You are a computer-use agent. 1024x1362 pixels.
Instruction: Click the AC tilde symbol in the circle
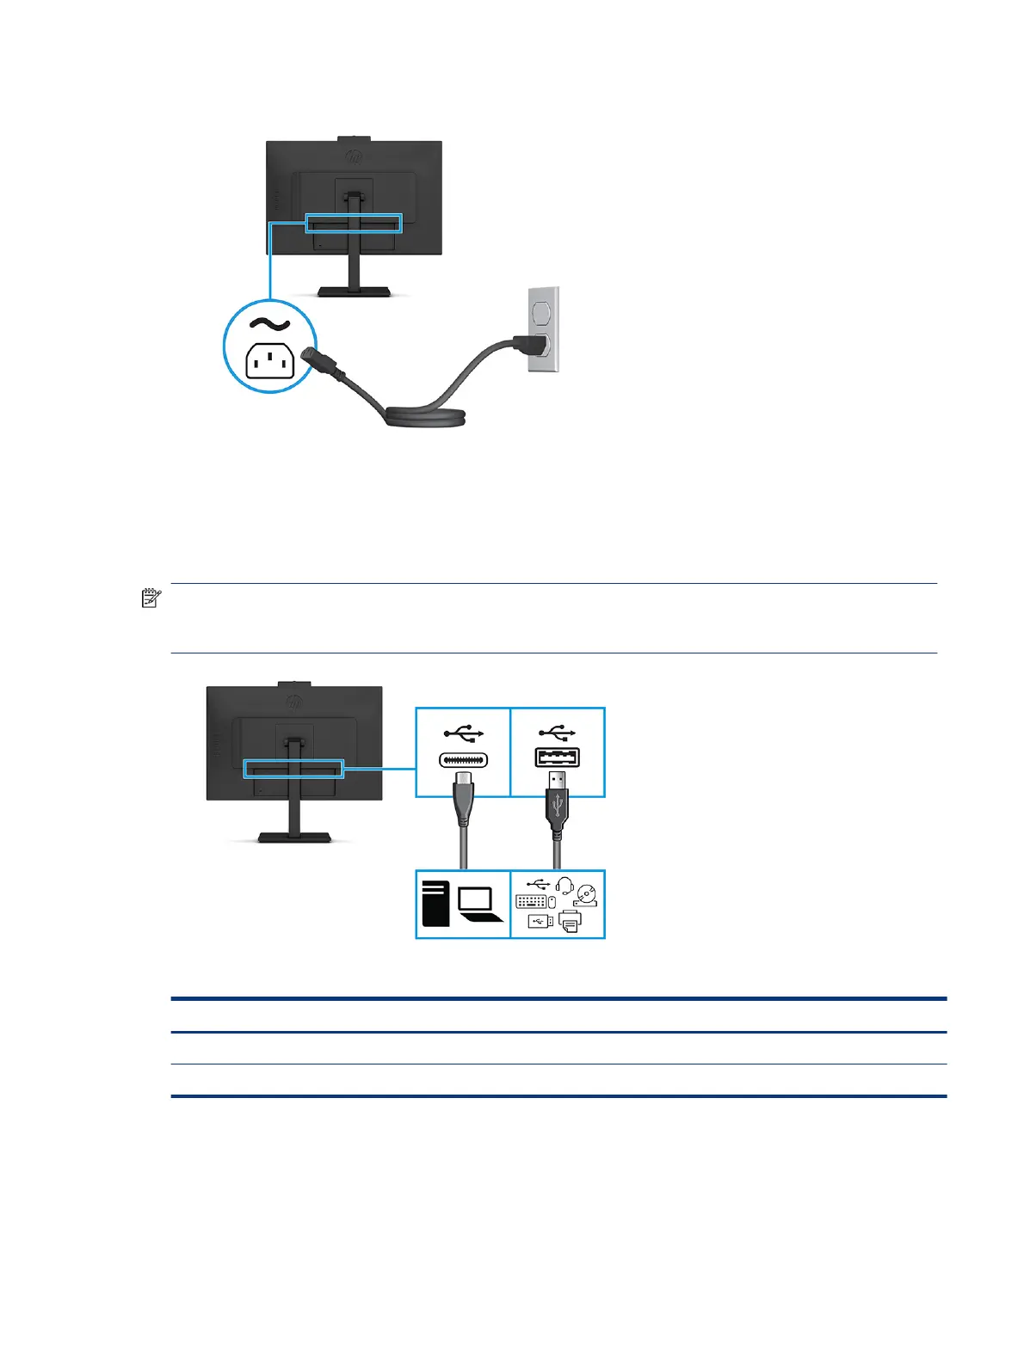click(269, 324)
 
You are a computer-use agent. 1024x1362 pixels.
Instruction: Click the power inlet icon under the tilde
click(269, 360)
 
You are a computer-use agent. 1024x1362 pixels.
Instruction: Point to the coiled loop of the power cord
click(426, 417)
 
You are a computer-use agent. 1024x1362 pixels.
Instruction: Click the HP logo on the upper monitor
click(354, 156)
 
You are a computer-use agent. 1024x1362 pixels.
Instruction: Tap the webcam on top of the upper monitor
click(354, 138)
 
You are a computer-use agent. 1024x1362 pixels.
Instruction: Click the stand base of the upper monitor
click(355, 291)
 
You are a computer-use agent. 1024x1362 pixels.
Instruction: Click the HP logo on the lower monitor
click(294, 702)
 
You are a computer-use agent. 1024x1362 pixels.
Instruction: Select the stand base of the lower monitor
click(295, 837)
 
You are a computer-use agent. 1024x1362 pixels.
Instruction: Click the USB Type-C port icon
click(463, 760)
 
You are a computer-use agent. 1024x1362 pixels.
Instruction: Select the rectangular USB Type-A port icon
click(558, 758)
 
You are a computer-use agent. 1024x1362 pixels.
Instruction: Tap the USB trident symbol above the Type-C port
click(464, 733)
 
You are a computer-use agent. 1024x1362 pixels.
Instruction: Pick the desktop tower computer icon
click(436, 903)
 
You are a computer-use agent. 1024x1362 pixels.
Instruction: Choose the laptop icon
click(478, 905)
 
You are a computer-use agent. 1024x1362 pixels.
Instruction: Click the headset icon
click(564, 886)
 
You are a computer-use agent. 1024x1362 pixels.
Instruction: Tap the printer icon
click(570, 922)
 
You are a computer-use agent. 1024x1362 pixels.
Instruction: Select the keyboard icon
click(531, 902)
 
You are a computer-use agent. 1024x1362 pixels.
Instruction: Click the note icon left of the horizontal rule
click(151, 598)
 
